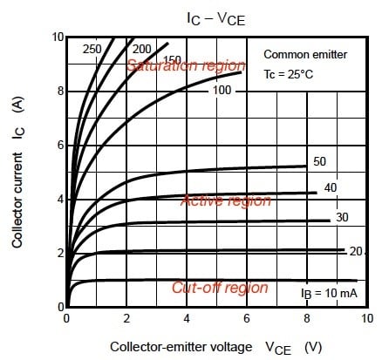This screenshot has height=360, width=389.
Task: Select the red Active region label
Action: tap(226, 200)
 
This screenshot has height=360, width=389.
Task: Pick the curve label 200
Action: tap(143, 48)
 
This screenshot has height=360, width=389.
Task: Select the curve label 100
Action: tap(222, 91)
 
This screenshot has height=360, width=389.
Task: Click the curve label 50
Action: tap(320, 162)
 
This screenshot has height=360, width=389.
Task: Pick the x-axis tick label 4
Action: tap(187, 318)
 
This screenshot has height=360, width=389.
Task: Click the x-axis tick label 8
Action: tap(307, 318)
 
